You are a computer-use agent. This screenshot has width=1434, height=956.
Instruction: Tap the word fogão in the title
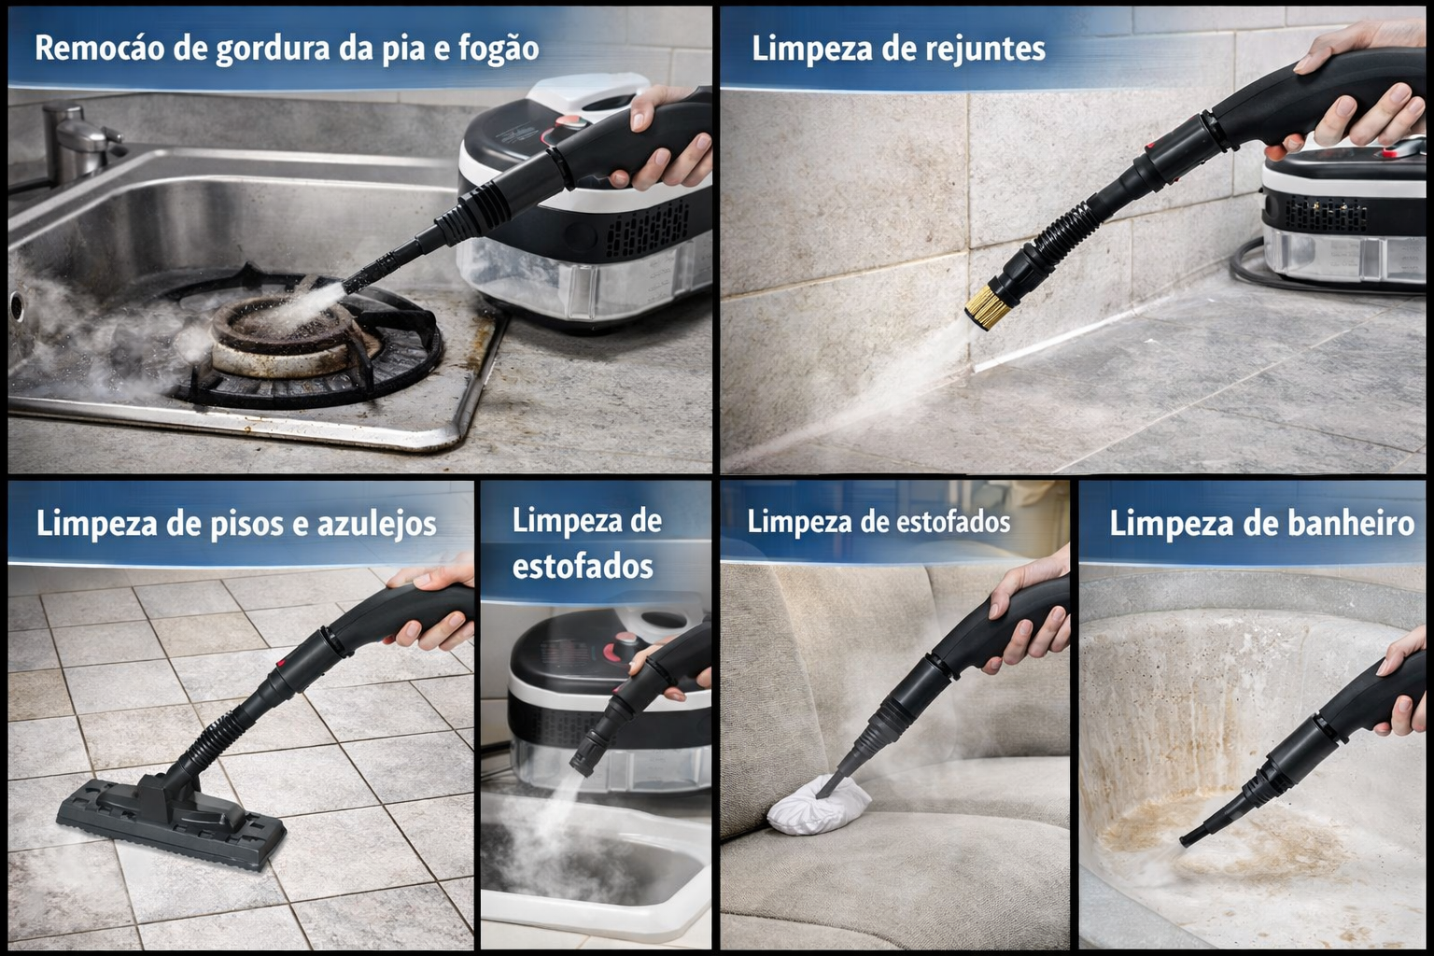(x=499, y=49)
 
